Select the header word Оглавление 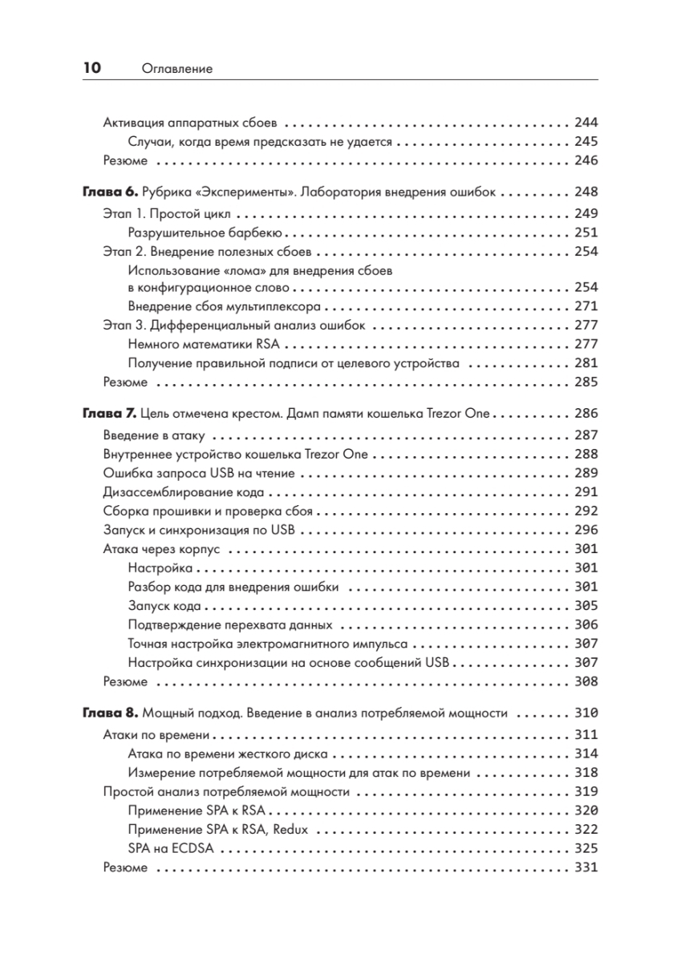[176, 70]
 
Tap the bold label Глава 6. [111, 193]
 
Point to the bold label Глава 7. [111, 414]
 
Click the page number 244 [586, 123]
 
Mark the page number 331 [586, 868]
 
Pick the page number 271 [586, 306]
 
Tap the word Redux [290, 830]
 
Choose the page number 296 [586, 530]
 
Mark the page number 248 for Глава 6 [586, 193]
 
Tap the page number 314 [586, 753]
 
